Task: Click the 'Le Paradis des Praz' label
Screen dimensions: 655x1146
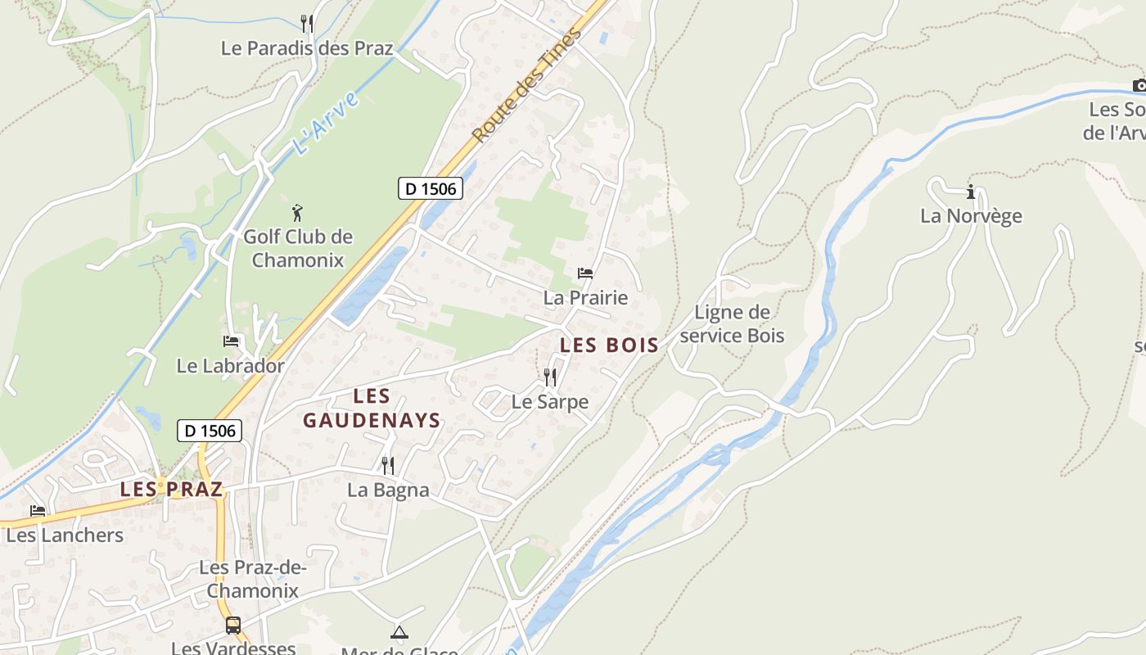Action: pyautogui.click(x=307, y=48)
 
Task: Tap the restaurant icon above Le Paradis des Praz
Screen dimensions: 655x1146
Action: pyautogui.click(x=307, y=23)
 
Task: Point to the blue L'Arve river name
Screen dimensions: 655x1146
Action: pyautogui.click(x=326, y=124)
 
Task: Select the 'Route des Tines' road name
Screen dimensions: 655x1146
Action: pyautogui.click(x=528, y=84)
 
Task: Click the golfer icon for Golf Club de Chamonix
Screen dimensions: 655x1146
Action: pyautogui.click(x=297, y=214)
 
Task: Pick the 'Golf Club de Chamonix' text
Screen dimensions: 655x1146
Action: pyautogui.click(x=298, y=249)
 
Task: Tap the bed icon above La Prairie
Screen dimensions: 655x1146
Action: pyautogui.click(x=585, y=273)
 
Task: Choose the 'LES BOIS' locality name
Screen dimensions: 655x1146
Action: pyautogui.click(x=609, y=346)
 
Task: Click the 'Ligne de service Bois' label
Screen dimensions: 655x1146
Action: pyautogui.click(x=732, y=324)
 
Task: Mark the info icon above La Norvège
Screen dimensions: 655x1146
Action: pyautogui.click(x=971, y=192)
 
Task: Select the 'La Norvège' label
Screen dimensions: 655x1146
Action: pyautogui.click(x=971, y=216)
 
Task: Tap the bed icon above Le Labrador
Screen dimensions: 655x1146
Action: pyautogui.click(x=231, y=341)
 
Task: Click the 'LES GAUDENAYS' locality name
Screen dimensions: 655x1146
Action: pyautogui.click(x=372, y=409)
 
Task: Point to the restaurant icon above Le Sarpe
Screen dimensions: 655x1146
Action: pyautogui.click(x=550, y=377)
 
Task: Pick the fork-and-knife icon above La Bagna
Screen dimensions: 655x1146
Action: pyautogui.click(x=388, y=466)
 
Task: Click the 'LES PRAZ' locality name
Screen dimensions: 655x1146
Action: pyautogui.click(x=171, y=490)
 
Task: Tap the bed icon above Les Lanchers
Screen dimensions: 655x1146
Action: pyautogui.click(x=38, y=511)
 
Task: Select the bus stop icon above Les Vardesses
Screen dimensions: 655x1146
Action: pyautogui.click(x=233, y=626)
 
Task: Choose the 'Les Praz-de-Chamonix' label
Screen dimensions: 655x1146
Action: pyautogui.click(x=252, y=579)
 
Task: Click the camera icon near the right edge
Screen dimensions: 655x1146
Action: pyautogui.click(x=1139, y=85)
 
